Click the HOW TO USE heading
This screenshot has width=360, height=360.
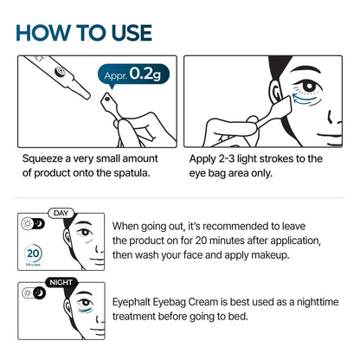(84, 32)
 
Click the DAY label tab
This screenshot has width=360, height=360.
(60, 212)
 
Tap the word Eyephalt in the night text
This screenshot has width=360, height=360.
(137, 303)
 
